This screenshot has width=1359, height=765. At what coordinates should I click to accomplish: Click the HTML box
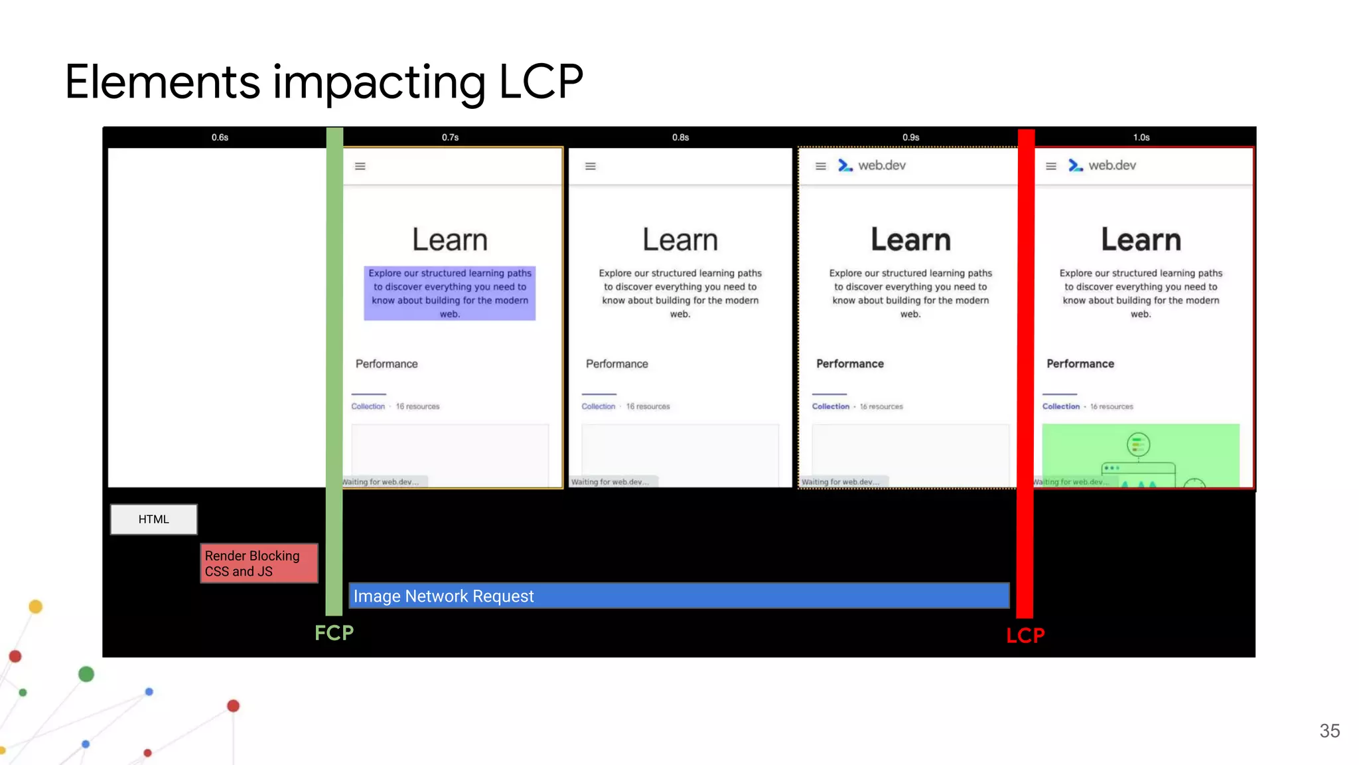[x=153, y=519]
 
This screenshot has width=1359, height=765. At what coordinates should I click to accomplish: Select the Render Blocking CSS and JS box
[x=259, y=563]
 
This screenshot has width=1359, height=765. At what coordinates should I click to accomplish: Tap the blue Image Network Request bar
[x=679, y=596]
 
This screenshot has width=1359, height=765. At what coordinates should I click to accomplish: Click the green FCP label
[x=334, y=633]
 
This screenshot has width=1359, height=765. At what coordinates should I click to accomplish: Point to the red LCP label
[x=1025, y=636]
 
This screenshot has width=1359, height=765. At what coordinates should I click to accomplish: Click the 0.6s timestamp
[x=220, y=137]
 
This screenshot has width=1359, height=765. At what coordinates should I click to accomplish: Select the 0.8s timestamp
[x=680, y=137]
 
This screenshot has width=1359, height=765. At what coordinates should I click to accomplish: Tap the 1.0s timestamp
[x=1141, y=137]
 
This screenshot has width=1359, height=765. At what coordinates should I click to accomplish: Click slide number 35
[x=1329, y=731]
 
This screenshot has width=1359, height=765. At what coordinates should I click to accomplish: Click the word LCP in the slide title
[x=540, y=82]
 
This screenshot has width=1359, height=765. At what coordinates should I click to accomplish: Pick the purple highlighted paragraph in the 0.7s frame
[x=449, y=293]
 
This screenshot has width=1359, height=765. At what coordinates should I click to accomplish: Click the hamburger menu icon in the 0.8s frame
[x=591, y=166]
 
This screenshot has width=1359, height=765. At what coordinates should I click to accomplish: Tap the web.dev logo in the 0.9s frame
[x=872, y=165]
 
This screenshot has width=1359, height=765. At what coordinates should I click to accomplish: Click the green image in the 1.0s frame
[x=1140, y=455]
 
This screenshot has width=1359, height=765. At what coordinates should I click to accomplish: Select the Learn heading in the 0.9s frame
[x=910, y=240]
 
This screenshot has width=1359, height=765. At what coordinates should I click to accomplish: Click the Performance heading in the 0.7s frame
[x=386, y=364]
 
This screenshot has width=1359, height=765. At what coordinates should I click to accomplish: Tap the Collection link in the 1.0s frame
[x=1060, y=406]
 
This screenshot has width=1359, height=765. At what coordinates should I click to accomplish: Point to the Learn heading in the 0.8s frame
[x=680, y=240]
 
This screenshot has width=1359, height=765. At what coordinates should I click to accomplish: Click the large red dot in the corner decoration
[x=233, y=706]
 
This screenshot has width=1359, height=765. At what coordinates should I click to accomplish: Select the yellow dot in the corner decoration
[x=36, y=606]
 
